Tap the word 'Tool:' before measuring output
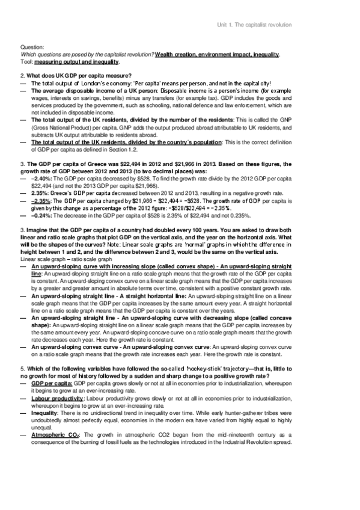pyautogui.click(x=26, y=61)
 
